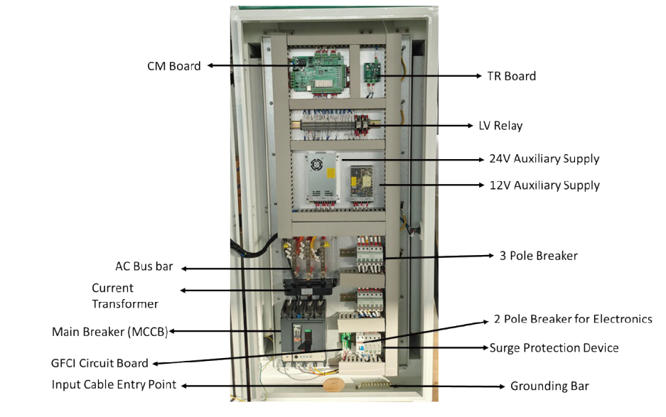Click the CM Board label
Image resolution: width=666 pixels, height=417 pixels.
click(173, 66)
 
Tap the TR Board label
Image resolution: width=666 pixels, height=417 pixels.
click(511, 76)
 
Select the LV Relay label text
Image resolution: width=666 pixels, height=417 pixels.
click(500, 126)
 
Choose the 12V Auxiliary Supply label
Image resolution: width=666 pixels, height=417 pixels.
click(544, 185)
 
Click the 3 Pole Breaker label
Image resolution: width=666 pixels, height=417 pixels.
click(538, 255)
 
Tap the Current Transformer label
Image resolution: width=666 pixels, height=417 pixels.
click(124, 296)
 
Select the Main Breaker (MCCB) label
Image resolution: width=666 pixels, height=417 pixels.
click(109, 332)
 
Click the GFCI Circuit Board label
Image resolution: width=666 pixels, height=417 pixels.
click(100, 363)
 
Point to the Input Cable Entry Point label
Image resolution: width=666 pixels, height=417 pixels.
click(114, 385)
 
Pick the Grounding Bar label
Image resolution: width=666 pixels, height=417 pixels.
click(549, 386)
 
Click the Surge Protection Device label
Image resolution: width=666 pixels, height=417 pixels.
click(554, 348)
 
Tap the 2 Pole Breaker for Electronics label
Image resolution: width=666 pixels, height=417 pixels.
click(572, 319)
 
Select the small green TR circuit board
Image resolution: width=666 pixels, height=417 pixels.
click(371, 72)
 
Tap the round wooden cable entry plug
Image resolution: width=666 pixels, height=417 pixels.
click(331, 384)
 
